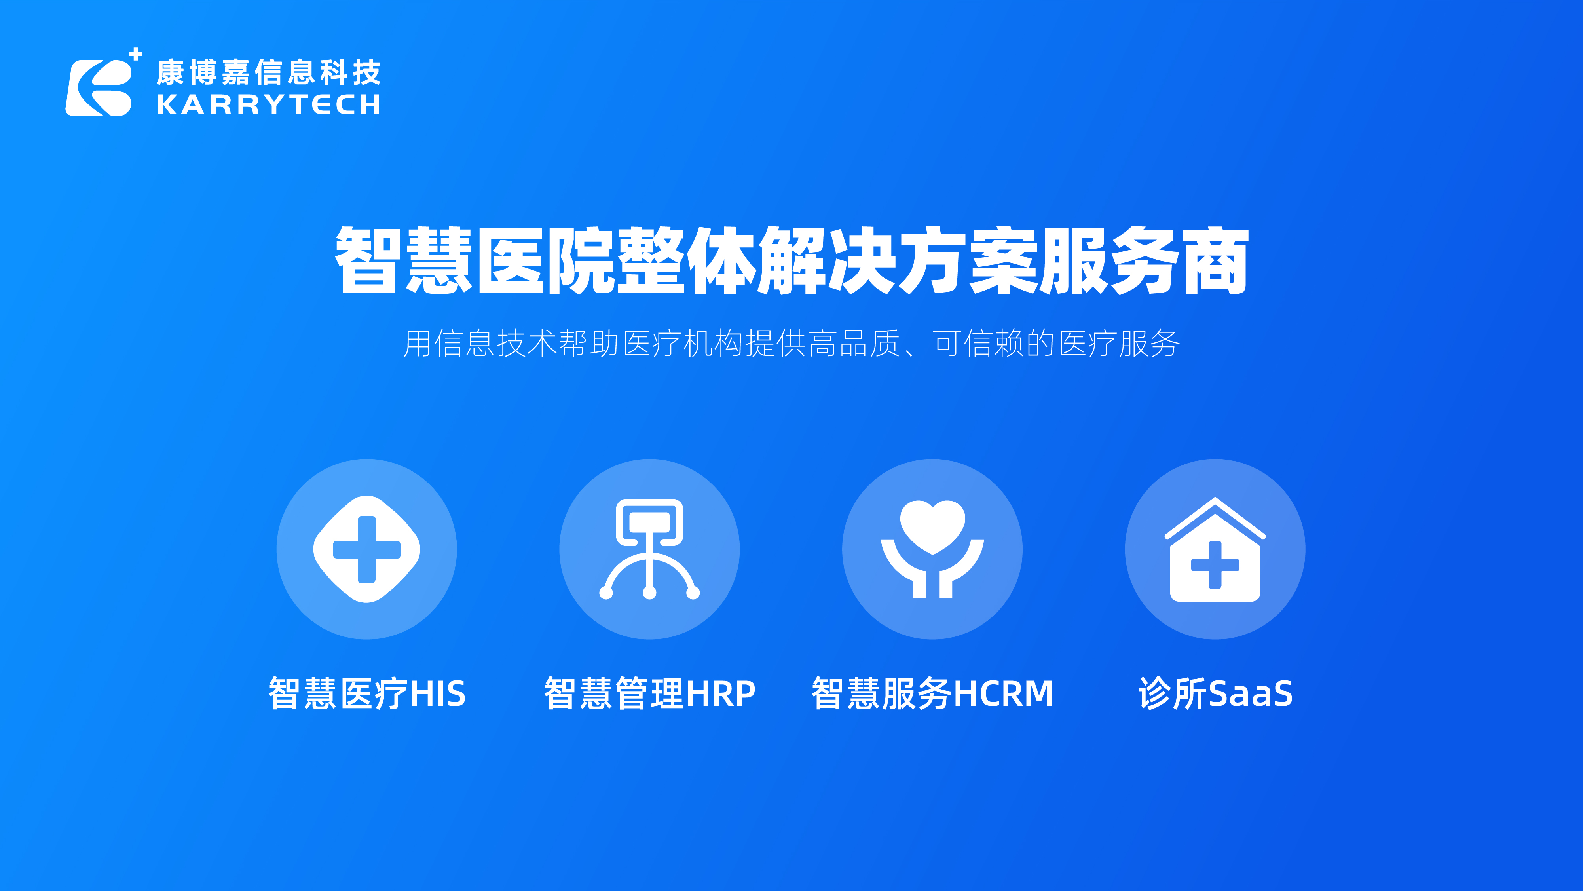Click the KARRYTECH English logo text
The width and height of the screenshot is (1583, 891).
pyautogui.click(x=269, y=105)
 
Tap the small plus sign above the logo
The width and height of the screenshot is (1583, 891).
pyautogui.click(x=137, y=54)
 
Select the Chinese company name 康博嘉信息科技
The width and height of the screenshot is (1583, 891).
pyautogui.click(x=269, y=72)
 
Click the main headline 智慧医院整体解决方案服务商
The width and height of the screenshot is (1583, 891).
pyautogui.click(x=791, y=260)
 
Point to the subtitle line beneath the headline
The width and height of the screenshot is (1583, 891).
pyautogui.click(x=791, y=343)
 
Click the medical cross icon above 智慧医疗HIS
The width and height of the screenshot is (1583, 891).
pyautogui.click(x=367, y=549)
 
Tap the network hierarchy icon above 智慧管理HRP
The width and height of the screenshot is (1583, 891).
pyautogui.click(x=649, y=549)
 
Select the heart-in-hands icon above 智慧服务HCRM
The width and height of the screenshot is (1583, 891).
pyautogui.click(x=932, y=549)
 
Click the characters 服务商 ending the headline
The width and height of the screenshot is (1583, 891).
pyautogui.click(x=1143, y=260)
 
